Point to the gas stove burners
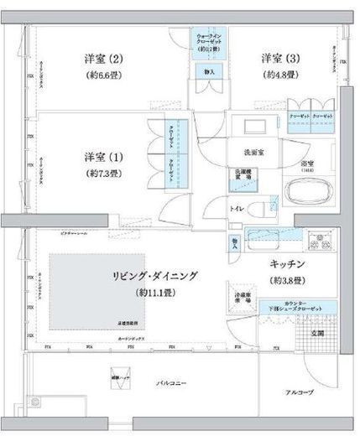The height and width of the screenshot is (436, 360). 319,243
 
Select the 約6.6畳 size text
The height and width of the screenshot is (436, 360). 104,75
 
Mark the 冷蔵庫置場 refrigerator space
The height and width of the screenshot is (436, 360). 240,299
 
